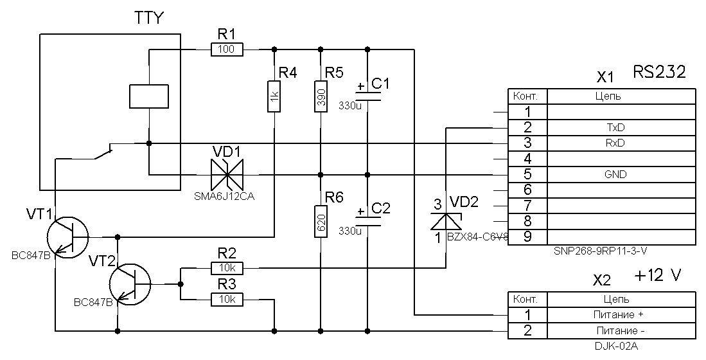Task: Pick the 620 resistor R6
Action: pos(321,221)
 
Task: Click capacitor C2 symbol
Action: pos(367,221)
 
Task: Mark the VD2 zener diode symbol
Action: pos(447,221)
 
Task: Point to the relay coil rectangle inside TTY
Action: pos(149,96)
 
